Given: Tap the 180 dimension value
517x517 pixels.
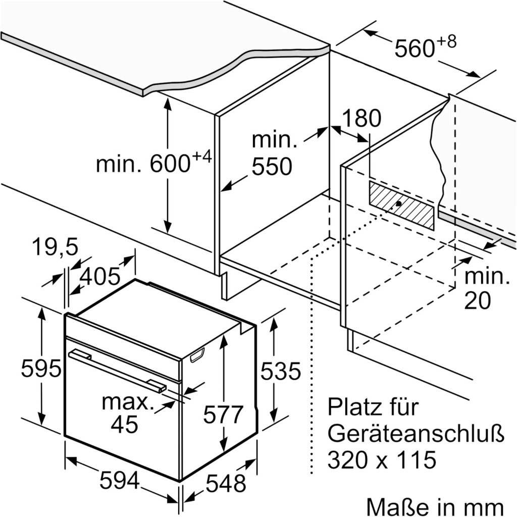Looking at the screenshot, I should [x=361, y=119].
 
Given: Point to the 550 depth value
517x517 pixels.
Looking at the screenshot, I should [x=273, y=167].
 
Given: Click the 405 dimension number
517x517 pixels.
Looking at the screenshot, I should [x=100, y=276].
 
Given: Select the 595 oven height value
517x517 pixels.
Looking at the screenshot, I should [x=40, y=369].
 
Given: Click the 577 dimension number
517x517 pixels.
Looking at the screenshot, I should [x=223, y=415].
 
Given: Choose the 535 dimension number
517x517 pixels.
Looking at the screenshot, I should [x=280, y=372].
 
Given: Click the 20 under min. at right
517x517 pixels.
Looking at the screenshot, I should [x=477, y=301].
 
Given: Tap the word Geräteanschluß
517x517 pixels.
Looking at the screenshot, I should [x=409, y=433].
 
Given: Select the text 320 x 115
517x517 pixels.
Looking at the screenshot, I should [x=381, y=460].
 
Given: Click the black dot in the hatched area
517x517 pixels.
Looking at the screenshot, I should [x=398, y=204].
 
